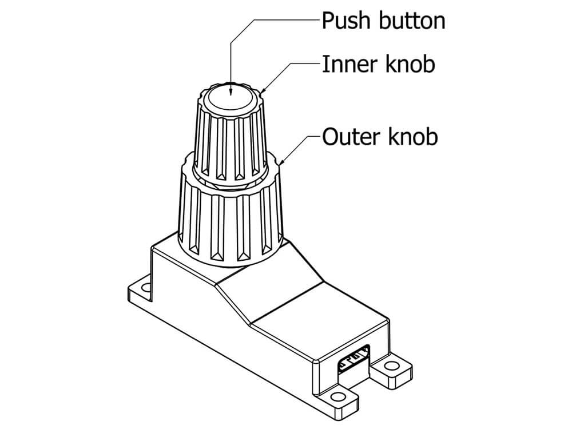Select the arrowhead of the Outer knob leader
tap(281, 164)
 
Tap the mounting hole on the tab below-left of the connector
tap(339, 398)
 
